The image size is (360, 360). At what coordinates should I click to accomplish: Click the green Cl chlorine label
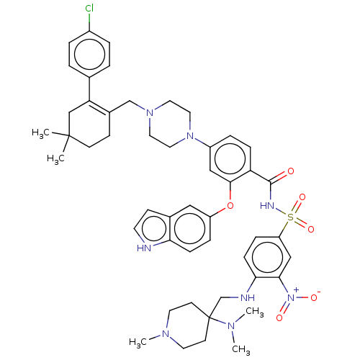(89, 8)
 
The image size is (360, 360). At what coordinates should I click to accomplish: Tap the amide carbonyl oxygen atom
(291, 172)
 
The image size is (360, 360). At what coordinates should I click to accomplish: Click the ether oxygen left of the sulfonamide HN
(230, 206)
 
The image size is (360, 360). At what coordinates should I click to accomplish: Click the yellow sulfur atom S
(292, 216)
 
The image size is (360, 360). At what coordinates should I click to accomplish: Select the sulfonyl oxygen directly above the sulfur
(302, 197)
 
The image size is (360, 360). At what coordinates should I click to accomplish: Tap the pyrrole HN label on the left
(145, 248)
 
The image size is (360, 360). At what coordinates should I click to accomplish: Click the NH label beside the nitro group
(248, 298)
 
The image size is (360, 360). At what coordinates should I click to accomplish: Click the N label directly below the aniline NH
(232, 328)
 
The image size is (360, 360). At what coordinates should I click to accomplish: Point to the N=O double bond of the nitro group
(288, 305)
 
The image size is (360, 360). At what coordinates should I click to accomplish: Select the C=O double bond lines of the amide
(282, 177)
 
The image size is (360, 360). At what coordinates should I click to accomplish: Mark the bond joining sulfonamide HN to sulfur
(281, 212)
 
